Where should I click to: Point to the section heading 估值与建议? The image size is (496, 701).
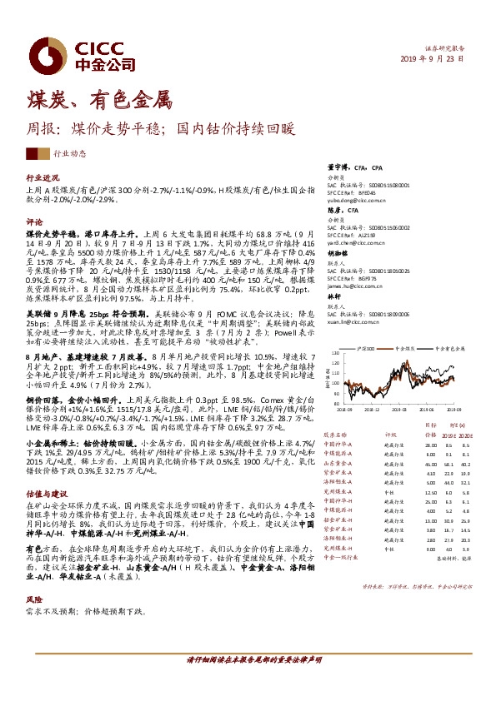tap(47, 494)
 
